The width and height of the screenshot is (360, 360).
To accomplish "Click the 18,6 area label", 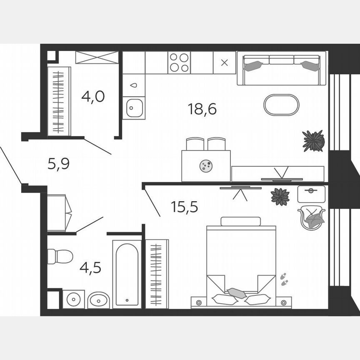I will tap(202, 110).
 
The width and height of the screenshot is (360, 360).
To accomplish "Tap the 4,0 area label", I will tap(93, 97).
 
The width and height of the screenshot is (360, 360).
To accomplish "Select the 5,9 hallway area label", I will tap(58, 164).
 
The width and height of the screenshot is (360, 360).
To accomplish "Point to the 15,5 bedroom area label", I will tap(184, 206).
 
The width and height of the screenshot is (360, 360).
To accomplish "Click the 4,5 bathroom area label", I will tap(90, 267).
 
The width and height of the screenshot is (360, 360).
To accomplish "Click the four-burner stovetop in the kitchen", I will tap(179, 62).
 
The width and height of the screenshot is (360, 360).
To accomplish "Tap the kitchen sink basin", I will tap(134, 108).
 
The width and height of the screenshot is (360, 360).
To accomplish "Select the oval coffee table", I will tap(281, 105).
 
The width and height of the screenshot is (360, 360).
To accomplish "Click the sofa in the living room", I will tap(281, 68).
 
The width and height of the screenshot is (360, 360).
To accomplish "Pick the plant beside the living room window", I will tap(313, 141).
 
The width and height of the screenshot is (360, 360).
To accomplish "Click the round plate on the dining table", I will tap(206, 166).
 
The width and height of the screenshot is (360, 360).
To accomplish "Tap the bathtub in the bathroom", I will tap(127, 274).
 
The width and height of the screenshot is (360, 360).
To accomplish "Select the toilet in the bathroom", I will tap(59, 256).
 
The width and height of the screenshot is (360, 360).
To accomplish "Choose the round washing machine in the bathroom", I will tap(74, 299).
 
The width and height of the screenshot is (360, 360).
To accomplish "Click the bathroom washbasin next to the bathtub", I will tap(99, 300).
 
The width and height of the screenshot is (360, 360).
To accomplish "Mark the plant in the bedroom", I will tap(280, 197).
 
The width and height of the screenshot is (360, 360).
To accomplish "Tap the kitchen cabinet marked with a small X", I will tap(224, 63).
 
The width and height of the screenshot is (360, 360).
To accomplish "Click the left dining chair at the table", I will tap(195, 144).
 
